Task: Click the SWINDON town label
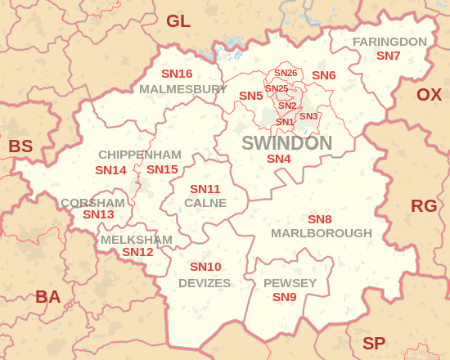point(286,143)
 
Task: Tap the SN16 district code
point(177,74)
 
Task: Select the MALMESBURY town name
point(182,88)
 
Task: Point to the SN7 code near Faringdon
point(388,56)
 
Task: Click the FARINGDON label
point(389,42)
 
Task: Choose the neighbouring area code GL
point(178,21)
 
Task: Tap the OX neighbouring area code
point(429,95)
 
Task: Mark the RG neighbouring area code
point(424,205)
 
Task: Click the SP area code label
point(374,344)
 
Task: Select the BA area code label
point(47,297)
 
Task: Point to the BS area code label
point(20,146)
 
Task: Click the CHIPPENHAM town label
point(139,155)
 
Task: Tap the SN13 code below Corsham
point(98,214)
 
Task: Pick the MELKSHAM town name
point(137,240)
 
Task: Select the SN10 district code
point(205,267)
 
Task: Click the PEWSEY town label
point(290,283)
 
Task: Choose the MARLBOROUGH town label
point(321,233)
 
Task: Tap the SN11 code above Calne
point(200,189)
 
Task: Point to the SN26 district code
point(286,74)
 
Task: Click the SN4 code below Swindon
point(279,159)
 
